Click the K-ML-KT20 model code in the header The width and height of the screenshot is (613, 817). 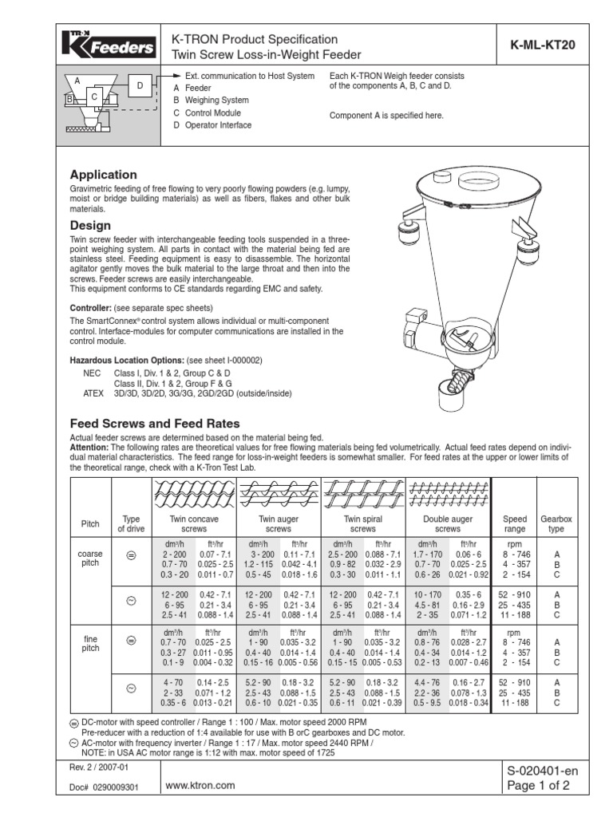[544, 46]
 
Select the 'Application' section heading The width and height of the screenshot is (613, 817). [104, 175]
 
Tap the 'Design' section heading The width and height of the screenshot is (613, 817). [90, 226]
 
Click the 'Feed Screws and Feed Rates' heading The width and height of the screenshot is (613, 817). [155, 424]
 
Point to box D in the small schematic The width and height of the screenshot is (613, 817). [139, 85]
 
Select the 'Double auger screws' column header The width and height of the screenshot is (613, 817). [447, 523]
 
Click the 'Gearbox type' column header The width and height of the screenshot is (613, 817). [557, 523]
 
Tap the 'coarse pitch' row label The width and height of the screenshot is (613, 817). [89, 558]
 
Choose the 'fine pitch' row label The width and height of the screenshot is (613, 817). [89, 644]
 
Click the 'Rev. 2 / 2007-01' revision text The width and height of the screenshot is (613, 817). [97, 768]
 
